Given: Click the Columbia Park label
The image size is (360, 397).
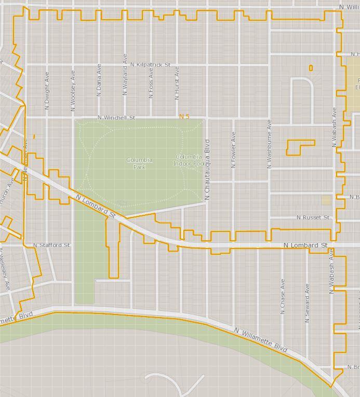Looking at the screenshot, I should [139, 163].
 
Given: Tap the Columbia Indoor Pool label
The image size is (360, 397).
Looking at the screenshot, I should [189, 160].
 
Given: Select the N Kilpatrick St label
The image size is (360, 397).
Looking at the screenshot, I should [151, 65].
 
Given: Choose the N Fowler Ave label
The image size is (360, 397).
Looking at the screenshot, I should [233, 149].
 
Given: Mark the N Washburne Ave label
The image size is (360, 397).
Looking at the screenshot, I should [269, 144].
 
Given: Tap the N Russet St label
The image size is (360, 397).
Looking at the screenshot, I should [313, 217].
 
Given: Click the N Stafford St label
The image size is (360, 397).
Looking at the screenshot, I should [51, 245].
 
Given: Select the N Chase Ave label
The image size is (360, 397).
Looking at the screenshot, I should [283, 296].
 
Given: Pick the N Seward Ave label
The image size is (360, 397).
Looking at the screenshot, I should [307, 303].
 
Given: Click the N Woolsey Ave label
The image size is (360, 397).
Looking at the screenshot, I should [73, 90].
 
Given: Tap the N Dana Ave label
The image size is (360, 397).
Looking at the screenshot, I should [99, 80].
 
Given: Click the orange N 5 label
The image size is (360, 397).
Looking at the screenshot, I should [184, 117].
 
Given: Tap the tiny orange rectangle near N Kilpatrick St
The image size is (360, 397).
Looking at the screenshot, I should [311, 68].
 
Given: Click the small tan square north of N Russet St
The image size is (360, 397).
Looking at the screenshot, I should [326, 200].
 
